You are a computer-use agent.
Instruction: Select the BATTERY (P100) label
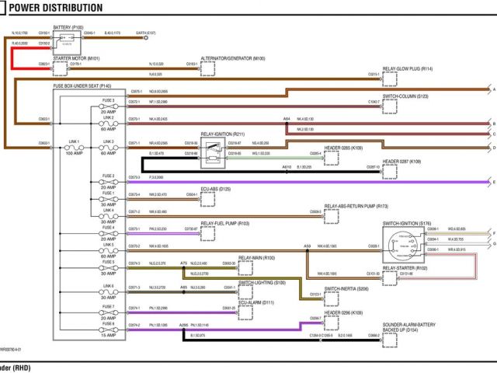[68, 27]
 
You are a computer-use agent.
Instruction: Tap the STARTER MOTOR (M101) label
[77, 58]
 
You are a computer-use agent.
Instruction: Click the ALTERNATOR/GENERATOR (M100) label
[233, 58]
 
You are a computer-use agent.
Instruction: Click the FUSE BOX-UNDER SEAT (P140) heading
[82, 85]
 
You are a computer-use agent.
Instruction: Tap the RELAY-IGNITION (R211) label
[223, 134]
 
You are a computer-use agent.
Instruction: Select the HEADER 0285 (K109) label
[349, 146]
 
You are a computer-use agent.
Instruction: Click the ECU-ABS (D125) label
[216, 188]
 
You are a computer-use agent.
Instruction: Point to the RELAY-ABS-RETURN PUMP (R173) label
[356, 206]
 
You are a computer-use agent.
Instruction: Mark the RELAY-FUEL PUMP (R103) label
[225, 223]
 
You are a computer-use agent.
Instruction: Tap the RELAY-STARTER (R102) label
[405, 268]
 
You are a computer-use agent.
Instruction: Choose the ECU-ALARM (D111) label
[256, 302]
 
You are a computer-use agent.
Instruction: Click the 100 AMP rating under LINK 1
[74, 154]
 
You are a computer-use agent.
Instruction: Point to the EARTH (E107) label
[146, 33]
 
